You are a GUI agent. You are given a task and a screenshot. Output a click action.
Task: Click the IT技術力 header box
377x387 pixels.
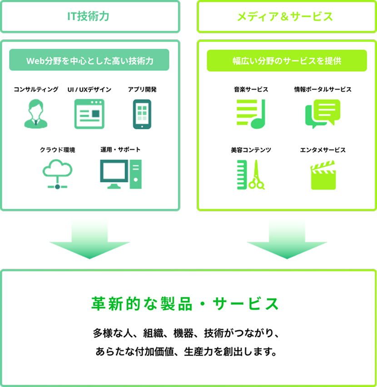[x=89, y=17]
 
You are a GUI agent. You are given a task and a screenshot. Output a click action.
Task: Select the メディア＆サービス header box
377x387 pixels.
[x=286, y=17]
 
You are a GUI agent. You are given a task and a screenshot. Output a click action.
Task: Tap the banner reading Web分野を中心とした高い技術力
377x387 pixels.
[x=89, y=60]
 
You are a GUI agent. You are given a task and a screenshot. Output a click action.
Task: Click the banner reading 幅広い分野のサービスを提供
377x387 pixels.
[x=286, y=60]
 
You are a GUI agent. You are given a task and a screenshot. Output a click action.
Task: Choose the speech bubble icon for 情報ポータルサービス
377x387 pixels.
[x=322, y=113]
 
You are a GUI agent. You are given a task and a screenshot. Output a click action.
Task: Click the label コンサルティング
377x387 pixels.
[x=36, y=89]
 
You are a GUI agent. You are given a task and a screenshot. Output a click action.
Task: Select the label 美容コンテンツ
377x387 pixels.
[x=250, y=150]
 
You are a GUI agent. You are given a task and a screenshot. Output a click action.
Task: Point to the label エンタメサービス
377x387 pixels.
[x=322, y=150]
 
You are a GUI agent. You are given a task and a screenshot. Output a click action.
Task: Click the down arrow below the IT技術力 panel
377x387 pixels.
[x=89, y=240]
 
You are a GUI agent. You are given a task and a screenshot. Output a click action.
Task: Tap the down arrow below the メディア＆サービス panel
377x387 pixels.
[x=286, y=240]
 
